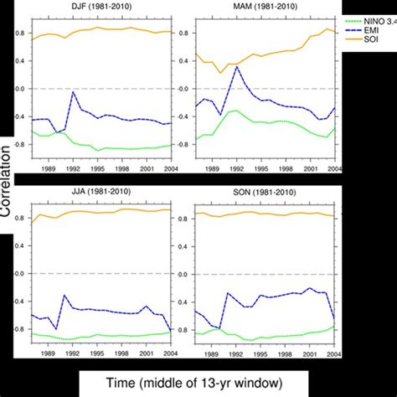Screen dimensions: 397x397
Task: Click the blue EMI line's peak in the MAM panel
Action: click(x=237, y=66)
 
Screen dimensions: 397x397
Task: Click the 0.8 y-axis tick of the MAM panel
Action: click(x=180, y=34)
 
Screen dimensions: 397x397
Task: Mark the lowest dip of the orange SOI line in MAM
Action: click(x=221, y=72)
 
